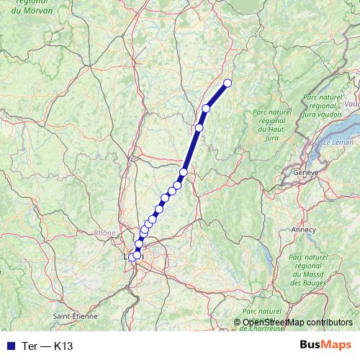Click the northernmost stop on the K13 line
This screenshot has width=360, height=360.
228,83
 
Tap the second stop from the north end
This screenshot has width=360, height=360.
206,109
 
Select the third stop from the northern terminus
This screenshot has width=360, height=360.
199,127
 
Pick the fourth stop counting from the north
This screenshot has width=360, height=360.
184,172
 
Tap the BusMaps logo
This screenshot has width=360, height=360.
325,345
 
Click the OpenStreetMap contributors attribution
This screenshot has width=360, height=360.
297,323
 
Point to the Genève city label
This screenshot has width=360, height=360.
306,174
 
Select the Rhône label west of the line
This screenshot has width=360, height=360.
105,233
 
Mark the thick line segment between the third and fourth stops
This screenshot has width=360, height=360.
192,150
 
